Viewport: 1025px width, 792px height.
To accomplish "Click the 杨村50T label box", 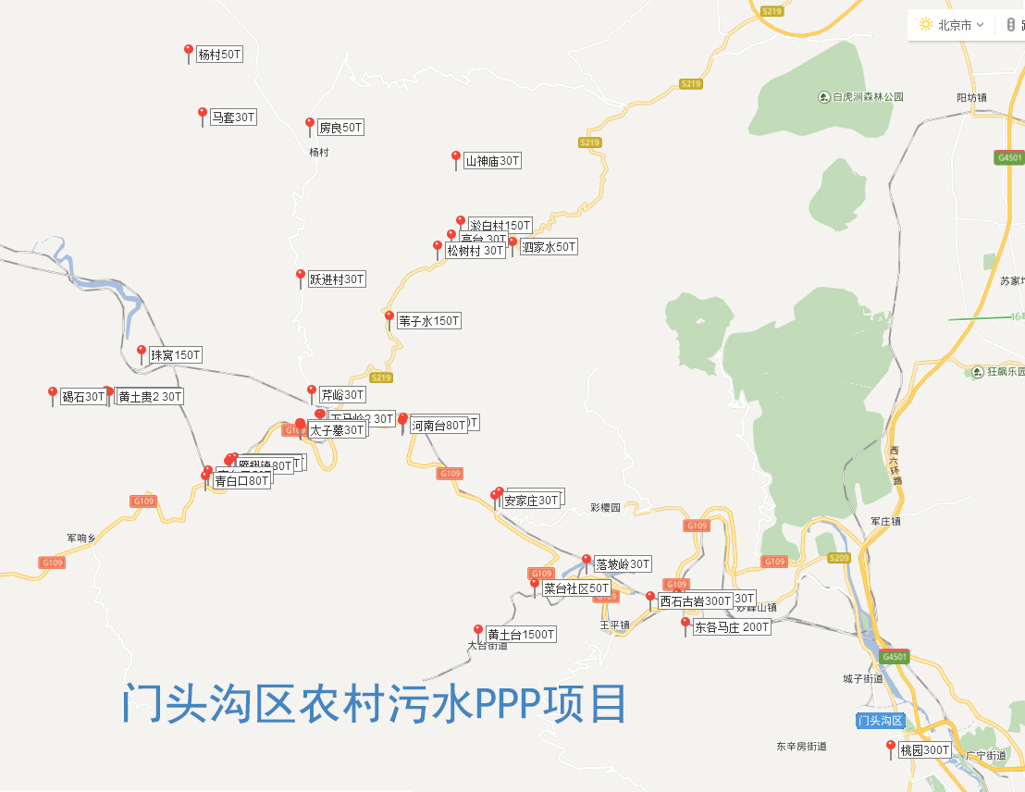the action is pyautogui.click(x=219, y=55).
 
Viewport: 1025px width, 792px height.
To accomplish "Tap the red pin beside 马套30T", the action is pyautogui.click(x=203, y=115).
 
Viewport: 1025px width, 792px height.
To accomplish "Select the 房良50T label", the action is pyautogui.click(x=340, y=128).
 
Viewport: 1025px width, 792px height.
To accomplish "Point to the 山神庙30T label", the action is pyautogui.click(x=492, y=161).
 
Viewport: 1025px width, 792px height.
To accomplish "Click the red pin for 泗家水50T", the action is pyautogui.click(x=512, y=244).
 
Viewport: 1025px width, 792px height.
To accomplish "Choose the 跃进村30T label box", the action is pyautogui.click(x=337, y=278).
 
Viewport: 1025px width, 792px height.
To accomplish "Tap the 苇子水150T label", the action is pyautogui.click(x=428, y=321).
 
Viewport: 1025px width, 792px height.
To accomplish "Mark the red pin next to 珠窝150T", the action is pyautogui.click(x=142, y=352).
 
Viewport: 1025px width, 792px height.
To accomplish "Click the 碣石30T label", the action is pyautogui.click(x=83, y=397).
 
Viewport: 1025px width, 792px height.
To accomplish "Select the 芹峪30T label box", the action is pyautogui.click(x=342, y=394).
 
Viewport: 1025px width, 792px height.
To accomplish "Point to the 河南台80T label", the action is pyautogui.click(x=438, y=426).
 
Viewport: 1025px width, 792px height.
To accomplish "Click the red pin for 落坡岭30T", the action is pyautogui.click(x=586, y=561).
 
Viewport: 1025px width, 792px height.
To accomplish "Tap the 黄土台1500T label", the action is pyautogui.click(x=521, y=635).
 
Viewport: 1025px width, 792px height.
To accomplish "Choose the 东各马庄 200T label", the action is pyautogui.click(x=731, y=626).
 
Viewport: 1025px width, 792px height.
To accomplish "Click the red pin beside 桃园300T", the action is pyautogui.click(x=891, y=746).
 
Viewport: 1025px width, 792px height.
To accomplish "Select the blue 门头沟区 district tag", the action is pyautogui.click(x=879, y=721).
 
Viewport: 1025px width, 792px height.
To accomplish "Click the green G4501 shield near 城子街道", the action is pyautogui.click(x=895, y=656).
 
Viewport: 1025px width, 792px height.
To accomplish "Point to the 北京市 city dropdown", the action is pyautogui.click(x=952, y=25).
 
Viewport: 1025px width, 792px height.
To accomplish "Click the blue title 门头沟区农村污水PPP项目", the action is pyautogui.click(x=375, y=704).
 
